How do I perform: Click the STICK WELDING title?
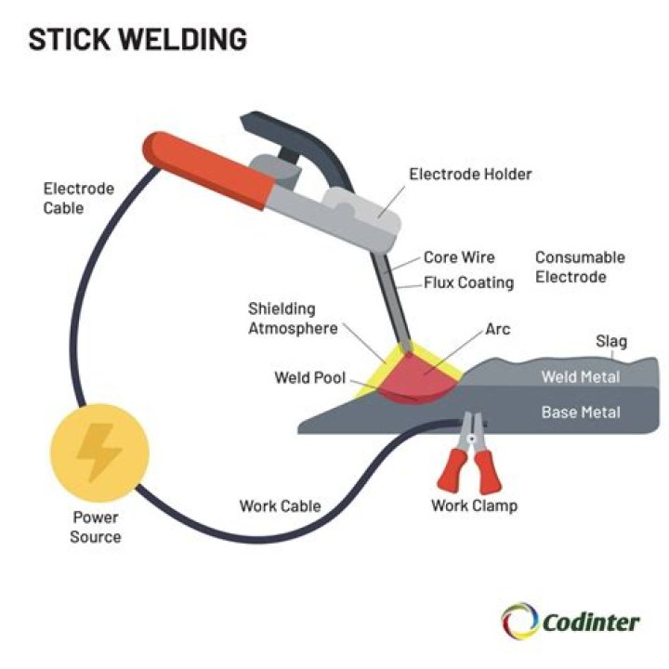138,40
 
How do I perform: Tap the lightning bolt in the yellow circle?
96,453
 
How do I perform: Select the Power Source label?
96,528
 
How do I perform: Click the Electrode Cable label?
79,198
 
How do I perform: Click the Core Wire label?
459,257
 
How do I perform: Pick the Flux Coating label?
468,282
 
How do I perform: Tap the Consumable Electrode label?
580,267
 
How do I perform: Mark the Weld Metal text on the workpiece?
580,377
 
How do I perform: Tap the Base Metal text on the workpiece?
581,412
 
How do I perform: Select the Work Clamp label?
474,506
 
